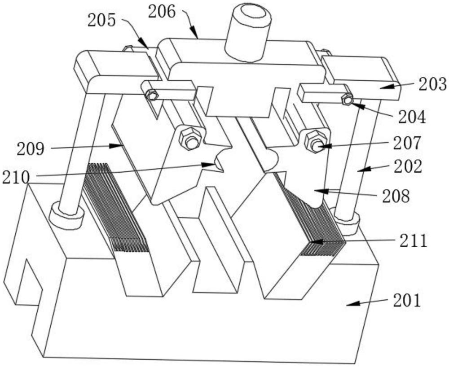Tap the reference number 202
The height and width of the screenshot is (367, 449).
(x=408, y=166)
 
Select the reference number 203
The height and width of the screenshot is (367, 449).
(x=433, y=84)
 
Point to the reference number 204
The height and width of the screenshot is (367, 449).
(x=412, y=117)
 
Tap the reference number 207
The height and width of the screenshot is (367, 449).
(x=407, y=143)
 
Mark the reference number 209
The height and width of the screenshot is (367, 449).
(x=31, y=149)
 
